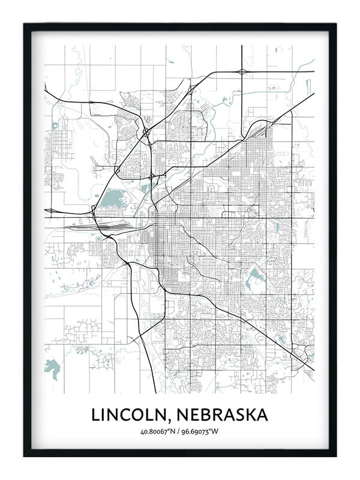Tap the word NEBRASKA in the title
pos(220,415)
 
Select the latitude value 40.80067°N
pos(159,431)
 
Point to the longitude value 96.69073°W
pos(201,431)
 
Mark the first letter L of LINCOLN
pos(95,415)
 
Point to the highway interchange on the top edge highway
pos(242,71)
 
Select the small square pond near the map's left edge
pos(55,126)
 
